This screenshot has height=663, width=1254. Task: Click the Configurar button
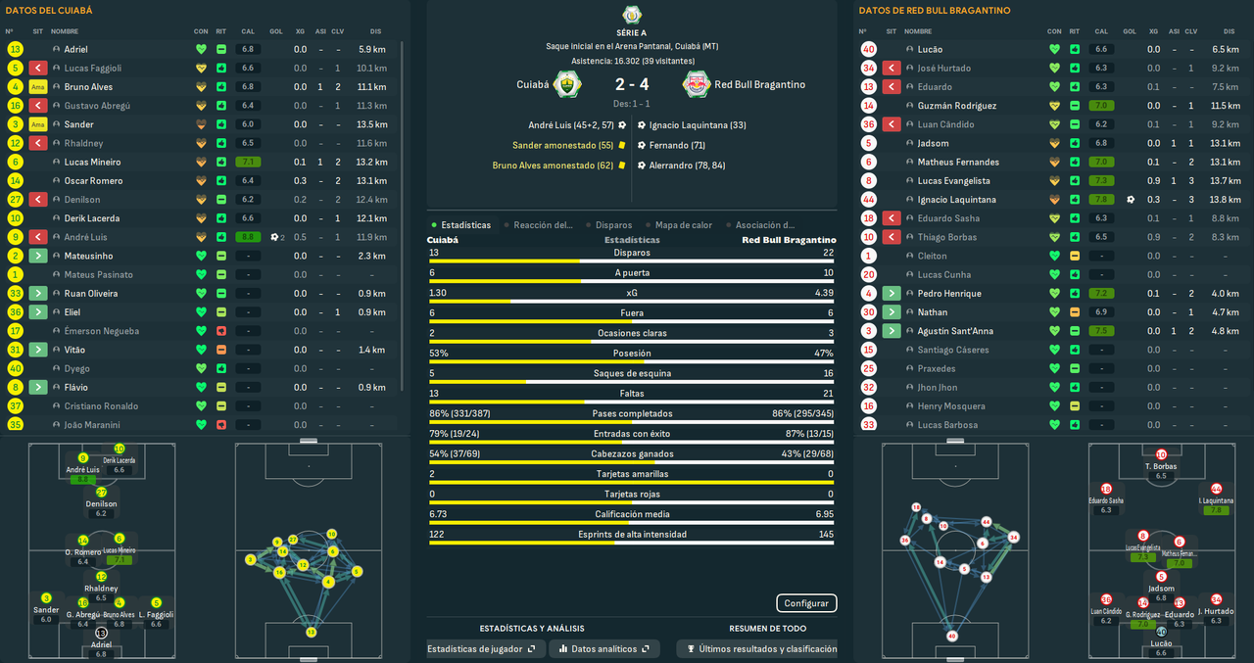[806, 603]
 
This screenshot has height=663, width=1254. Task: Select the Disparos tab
[613, 225]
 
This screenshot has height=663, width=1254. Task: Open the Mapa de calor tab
[682, 225]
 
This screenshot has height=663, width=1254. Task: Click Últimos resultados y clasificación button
[761, 648]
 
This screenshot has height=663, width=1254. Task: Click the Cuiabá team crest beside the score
[568, 85]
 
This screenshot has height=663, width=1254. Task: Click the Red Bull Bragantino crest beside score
[697, 85]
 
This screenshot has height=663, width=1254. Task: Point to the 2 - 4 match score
[632, 85]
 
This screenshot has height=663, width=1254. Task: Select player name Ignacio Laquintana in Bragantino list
[956, 200]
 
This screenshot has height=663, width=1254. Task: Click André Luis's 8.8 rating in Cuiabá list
[248, 237]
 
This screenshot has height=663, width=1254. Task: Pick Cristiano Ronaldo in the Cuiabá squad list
[102, 406]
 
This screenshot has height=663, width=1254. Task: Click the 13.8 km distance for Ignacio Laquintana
[1225, 200]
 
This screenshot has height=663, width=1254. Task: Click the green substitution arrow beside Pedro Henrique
[892, 294]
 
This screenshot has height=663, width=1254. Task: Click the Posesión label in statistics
[632, 354]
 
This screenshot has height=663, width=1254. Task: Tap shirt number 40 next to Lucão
[868, 49]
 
